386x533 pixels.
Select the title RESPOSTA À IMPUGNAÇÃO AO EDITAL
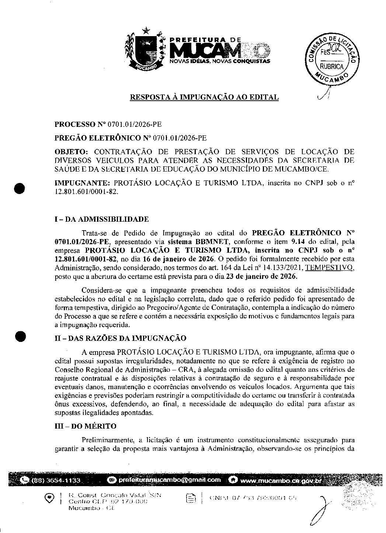pyautogui.click(x=204, y=97)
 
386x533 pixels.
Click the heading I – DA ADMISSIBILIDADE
pyautogui.click(x=101, y=219)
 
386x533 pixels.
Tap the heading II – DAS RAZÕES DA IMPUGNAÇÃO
pyautogui.click(x=120, y=338)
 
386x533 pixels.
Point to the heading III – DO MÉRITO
pyautogui.click(x=85, y=426)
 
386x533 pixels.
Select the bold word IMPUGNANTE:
pyautogui.click(x=82, y=183)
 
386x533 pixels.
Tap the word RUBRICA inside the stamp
pyautogui.click(x=331, y=67)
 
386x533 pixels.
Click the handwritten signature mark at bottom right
pyautogui.click(x=320, y=511)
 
